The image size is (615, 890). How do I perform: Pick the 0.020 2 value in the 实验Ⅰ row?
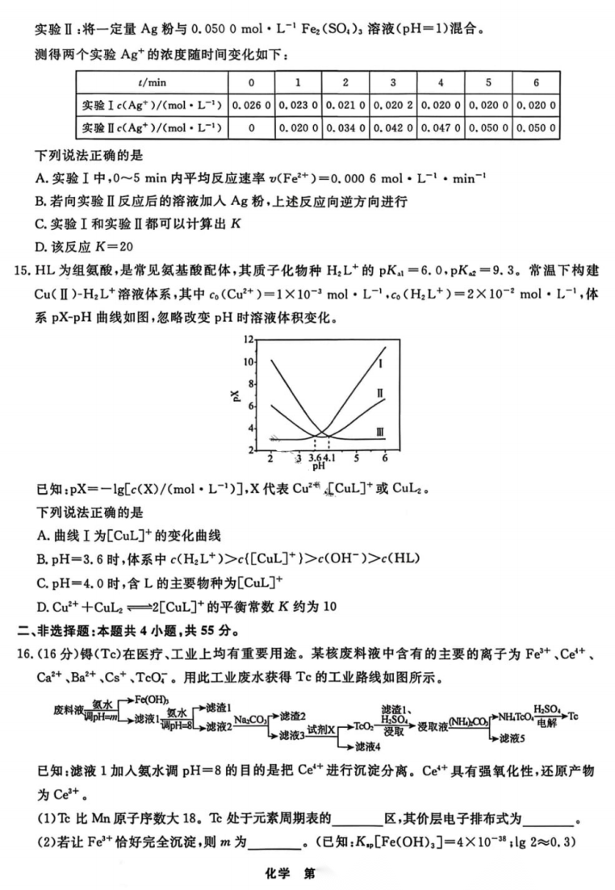[x=392, y=105]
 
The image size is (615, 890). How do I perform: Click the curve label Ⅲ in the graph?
[x=380, y=433]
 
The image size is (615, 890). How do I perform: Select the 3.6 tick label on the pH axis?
[x=315, y=458]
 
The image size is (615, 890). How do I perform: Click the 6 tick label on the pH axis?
[x=385, y=458]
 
